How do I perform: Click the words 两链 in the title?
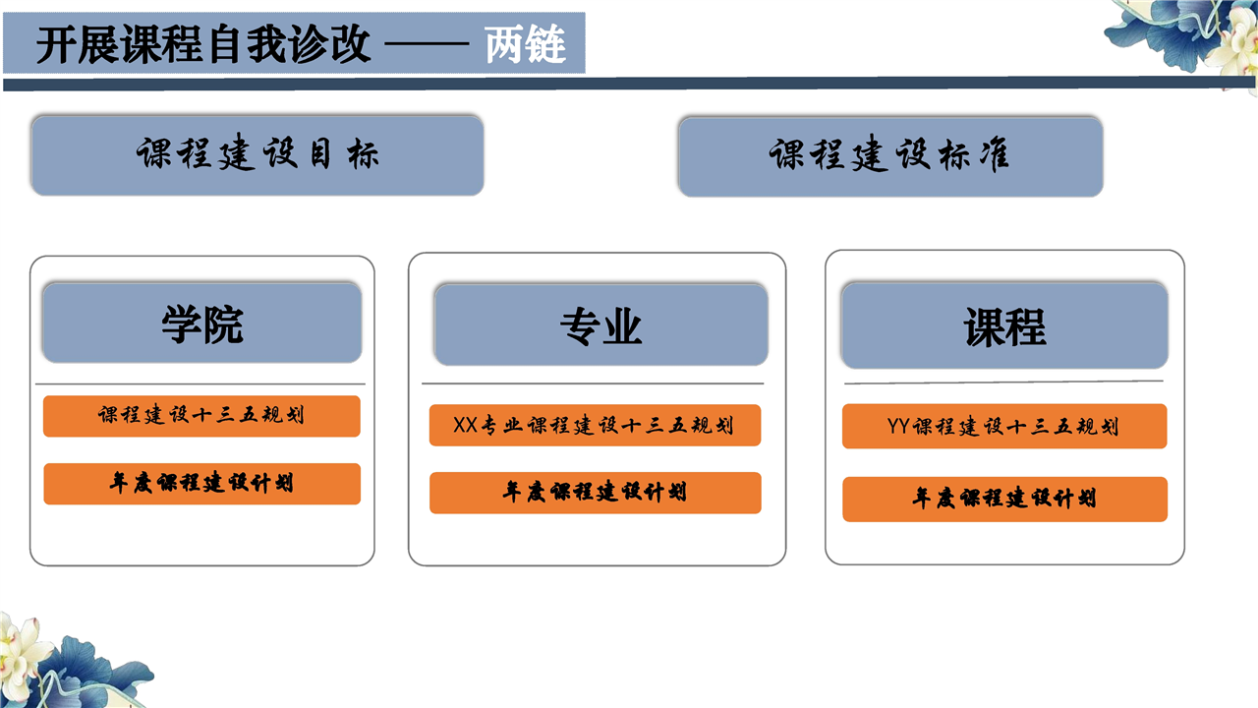click(526, 44)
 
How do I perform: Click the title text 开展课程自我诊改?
click(203, 44)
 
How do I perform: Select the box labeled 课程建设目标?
click(257, 155)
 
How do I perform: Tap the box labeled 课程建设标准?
click(890, 156)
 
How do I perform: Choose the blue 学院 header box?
click(202, 324)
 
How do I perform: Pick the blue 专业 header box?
click(600, 324)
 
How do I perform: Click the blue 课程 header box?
click(1004, 325)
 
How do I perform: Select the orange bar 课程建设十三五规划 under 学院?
click(201, 416)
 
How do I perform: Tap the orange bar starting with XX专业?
click(596, 426)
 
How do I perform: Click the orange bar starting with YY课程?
click(1004, 426)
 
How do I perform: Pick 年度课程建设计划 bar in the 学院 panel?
click(202, 484)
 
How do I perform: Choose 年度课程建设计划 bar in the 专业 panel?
click(596, 493)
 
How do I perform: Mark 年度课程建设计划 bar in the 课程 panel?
click(1005, 499)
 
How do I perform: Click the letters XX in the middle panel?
click(465, 426)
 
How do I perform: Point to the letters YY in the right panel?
click(897, 426)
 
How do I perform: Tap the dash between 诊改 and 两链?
click(427, 44)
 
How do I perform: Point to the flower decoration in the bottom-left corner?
click(73, 663)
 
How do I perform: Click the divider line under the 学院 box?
click(200, 384)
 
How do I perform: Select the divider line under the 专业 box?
click(593, 383)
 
